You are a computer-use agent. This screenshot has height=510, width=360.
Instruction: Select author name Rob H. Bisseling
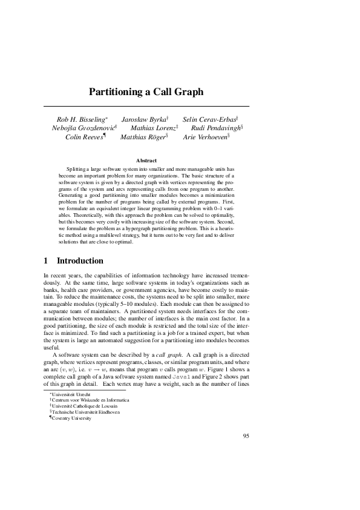pyautogui.click(x=80, y=120)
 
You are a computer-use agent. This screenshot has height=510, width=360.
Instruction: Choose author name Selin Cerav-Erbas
pyautogui.click(x=209, y=120)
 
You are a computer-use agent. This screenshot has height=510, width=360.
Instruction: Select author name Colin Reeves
pyautogui.click(x=84, y=137)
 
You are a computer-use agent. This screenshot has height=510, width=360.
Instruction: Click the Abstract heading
pyautogui.click(x=146, y=160)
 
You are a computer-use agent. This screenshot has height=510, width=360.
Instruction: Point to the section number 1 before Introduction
pyautogui.click(x=46, y=260)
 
